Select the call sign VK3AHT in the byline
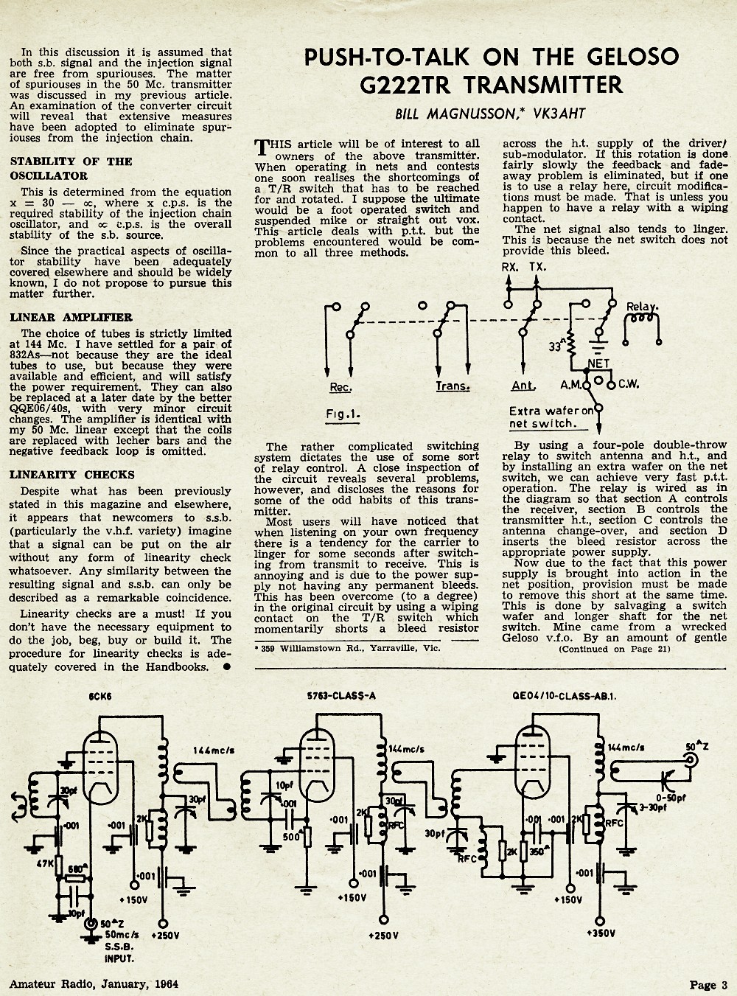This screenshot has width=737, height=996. (559, 114)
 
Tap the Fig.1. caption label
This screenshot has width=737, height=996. (343, 414)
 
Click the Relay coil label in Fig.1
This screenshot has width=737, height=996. (642, 307)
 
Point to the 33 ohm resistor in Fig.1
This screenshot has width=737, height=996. (571, 344)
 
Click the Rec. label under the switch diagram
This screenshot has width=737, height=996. (341, 386)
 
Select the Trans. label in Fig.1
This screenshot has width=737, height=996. (453, 386)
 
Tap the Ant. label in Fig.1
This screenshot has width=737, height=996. (523, 386)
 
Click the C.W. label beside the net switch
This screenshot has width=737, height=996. (629, 384)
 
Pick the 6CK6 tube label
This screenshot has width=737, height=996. (100, 697)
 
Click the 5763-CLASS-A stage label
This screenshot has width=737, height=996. (341, 696)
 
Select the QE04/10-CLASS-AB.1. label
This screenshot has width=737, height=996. (564, 696)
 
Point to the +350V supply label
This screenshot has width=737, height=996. (601, 933)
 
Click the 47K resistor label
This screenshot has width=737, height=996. (45, 863)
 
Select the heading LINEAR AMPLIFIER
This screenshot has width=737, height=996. (71, 318)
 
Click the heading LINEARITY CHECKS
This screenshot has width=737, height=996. (72, 475)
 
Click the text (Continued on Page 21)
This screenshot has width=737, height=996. (615, 649)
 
